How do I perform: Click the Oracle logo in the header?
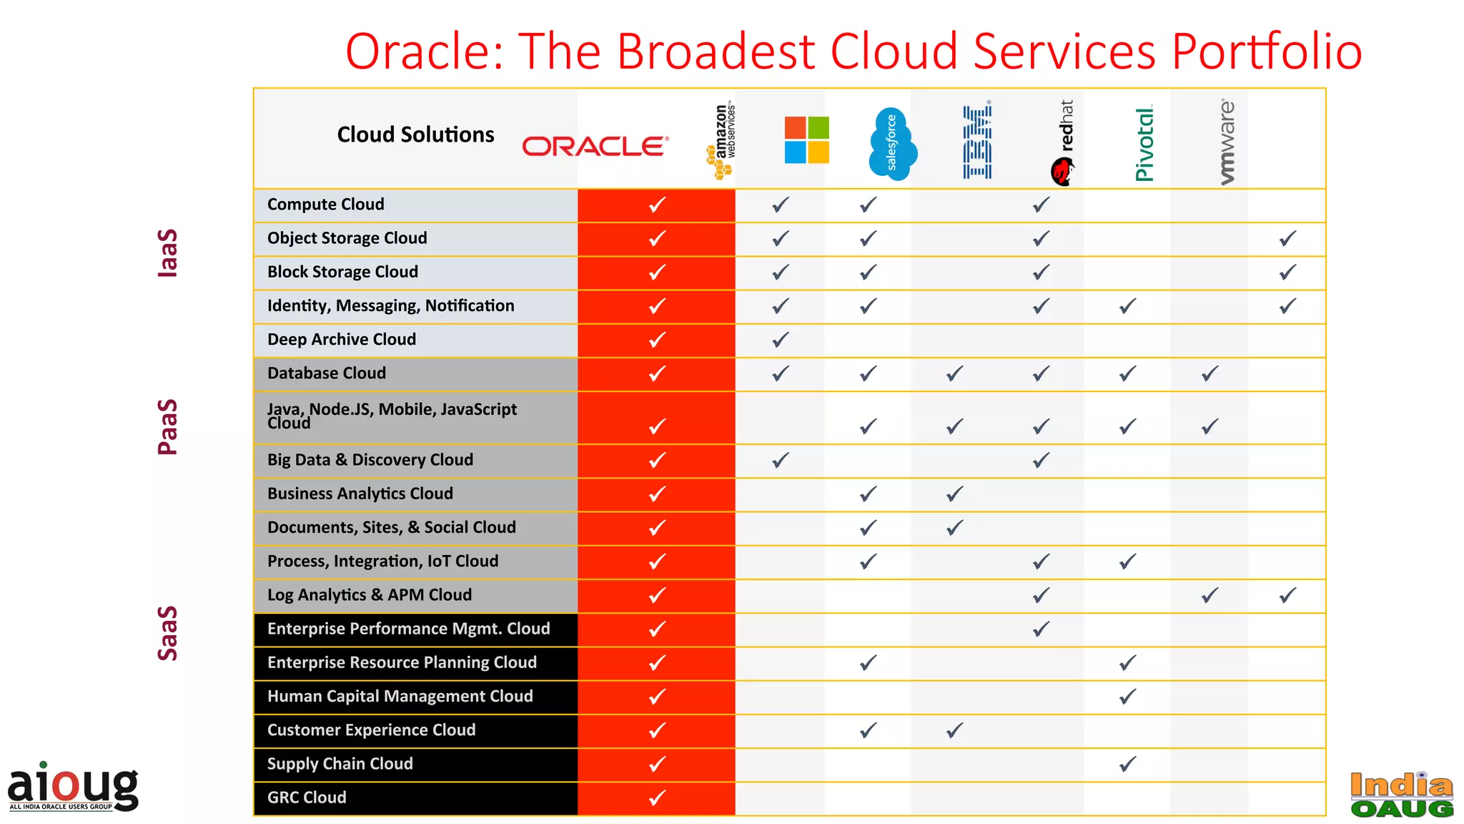595,146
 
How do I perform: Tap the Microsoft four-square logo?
806,140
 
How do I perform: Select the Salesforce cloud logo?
892,143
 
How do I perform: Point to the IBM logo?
977,142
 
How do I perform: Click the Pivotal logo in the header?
1144,144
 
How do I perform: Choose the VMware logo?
1227,142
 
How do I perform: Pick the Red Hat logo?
1063,143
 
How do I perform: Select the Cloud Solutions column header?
415,134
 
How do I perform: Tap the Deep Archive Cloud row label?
342,340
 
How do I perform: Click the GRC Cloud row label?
307,798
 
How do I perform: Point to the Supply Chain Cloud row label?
340,764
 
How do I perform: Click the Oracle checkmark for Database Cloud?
657,373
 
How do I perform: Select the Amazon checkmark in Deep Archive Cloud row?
781,340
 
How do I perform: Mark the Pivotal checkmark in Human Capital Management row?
1128,696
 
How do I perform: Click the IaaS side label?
167,252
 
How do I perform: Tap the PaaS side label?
167,426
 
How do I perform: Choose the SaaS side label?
167,633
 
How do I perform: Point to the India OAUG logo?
1402,795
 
